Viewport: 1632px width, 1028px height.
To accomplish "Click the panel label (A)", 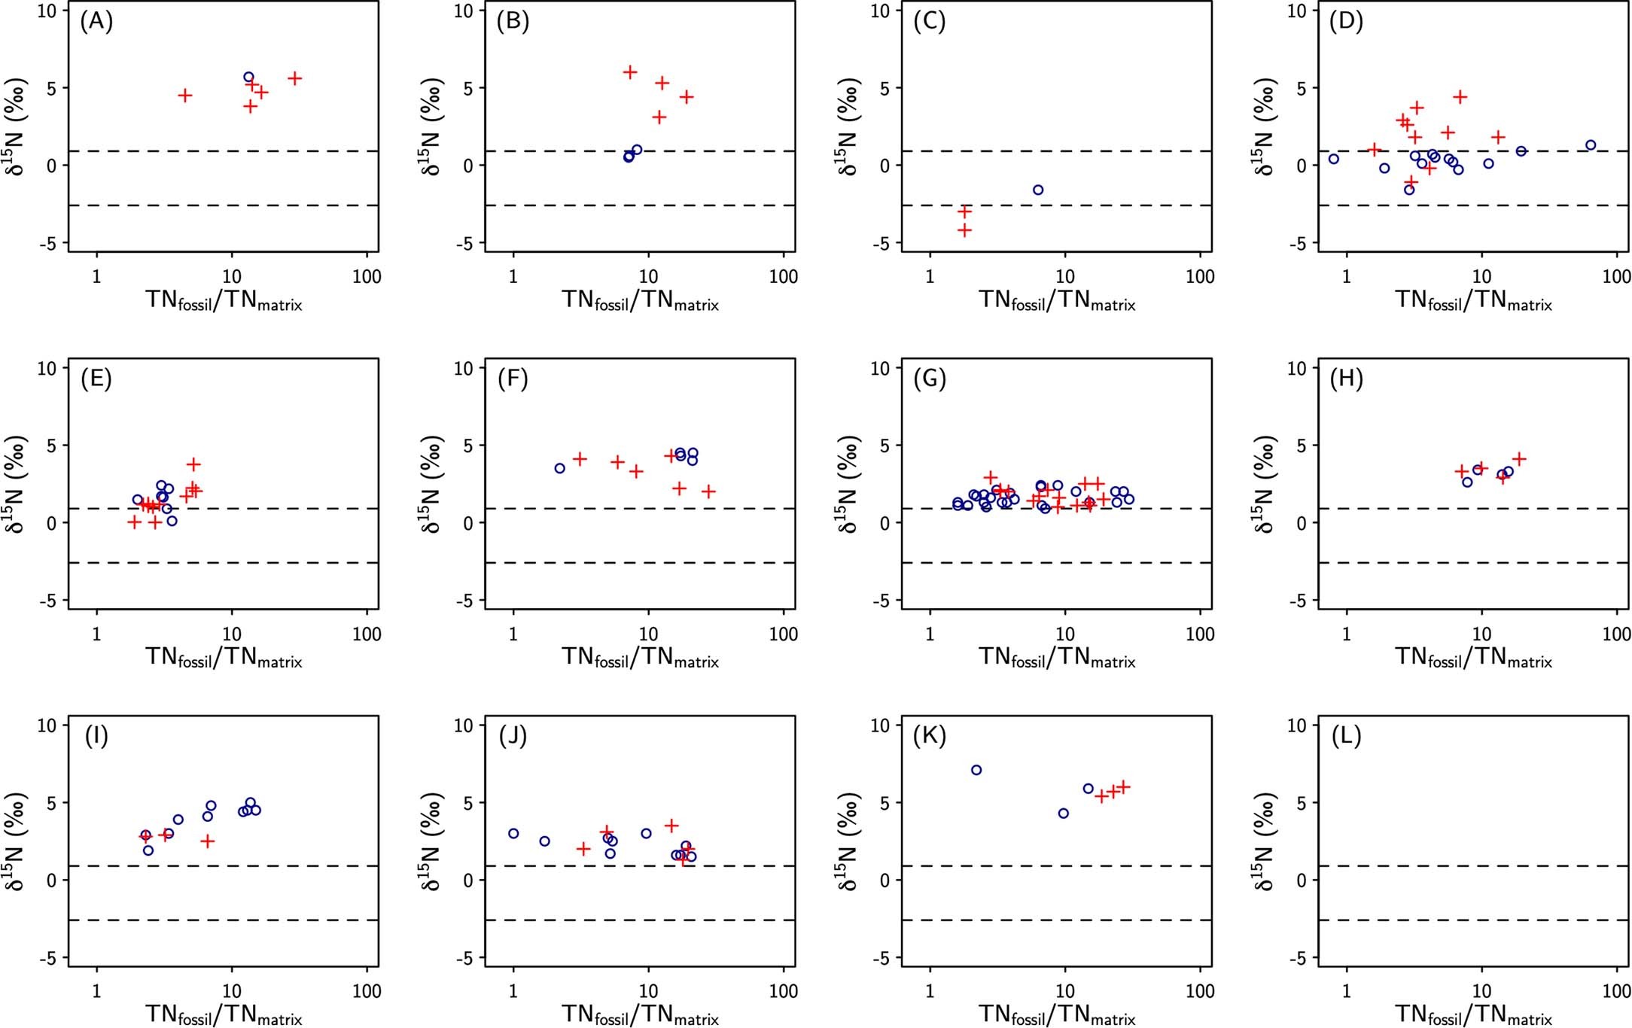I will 96,22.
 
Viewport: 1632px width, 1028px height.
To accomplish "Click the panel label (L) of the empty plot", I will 1346,736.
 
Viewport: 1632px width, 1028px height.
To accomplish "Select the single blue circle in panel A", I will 248,78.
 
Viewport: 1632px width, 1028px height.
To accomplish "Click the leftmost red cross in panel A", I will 184,96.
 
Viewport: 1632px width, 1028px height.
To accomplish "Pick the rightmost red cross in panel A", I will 294,78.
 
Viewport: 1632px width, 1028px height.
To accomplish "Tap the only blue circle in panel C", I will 1038,190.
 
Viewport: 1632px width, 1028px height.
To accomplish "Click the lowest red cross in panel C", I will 964,230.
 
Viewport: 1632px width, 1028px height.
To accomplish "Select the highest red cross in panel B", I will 630,72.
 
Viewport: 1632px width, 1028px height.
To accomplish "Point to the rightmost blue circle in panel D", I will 1591,145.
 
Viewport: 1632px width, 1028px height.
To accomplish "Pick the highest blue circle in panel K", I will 976,770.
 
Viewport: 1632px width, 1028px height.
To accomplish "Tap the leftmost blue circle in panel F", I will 559,468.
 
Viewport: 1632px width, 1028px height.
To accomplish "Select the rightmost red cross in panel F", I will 708,491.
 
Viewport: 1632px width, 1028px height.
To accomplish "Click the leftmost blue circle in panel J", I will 513,833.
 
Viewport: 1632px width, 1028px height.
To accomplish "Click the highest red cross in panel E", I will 194,464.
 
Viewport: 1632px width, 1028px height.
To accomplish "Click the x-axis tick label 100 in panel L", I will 1615,991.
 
